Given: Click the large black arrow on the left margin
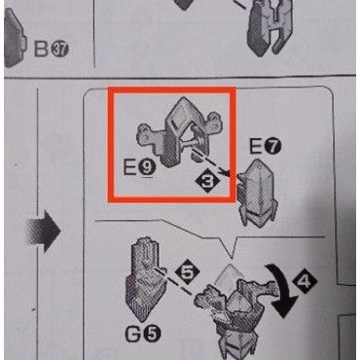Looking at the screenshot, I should pos(46,232).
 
